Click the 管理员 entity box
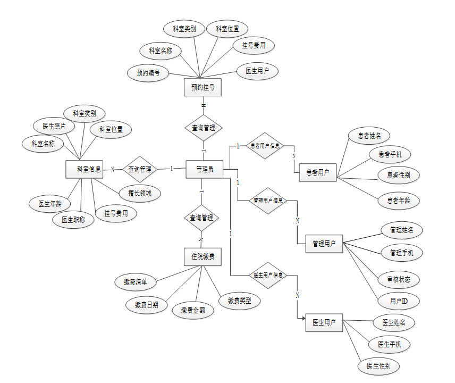[204, 169]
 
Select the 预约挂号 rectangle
[203, 87]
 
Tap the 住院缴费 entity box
[203, 256]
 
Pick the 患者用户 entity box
[317, 172]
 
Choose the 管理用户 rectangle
[324, 244]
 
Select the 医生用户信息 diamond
[268, 275]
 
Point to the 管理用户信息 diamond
[268, 201]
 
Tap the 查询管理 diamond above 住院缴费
[201, 218]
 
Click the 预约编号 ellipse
[148, 73]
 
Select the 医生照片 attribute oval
[54, 126]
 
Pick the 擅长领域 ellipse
[139, 194]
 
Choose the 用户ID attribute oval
[398, 301]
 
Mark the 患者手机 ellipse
[390, 155]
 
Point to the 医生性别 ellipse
[378, 366]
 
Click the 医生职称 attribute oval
[73, 219]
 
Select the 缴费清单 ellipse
[136, 282]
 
